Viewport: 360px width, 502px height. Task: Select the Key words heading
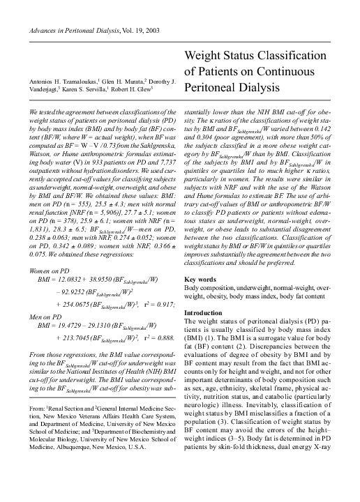pos(200,298)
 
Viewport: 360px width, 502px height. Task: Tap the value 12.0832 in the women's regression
pos(75,278)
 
